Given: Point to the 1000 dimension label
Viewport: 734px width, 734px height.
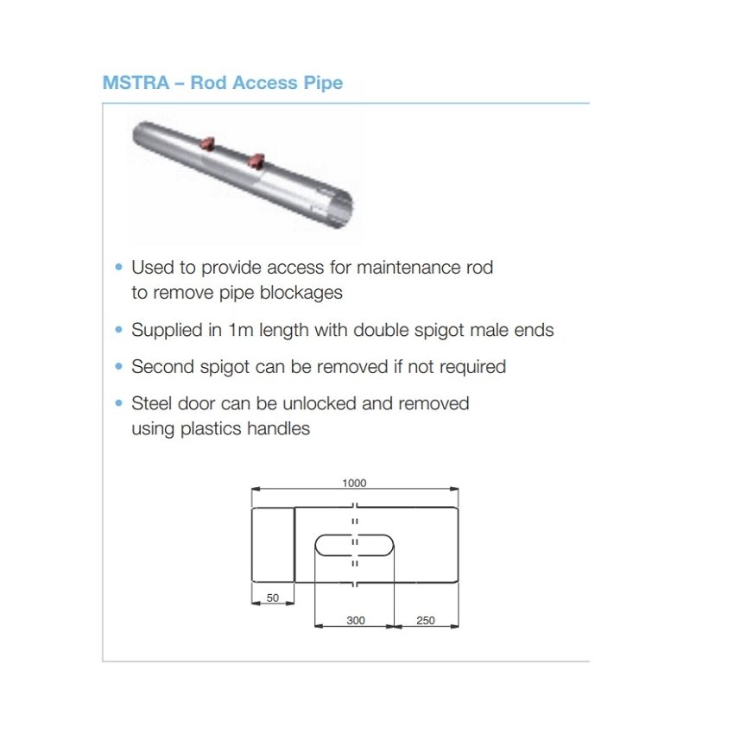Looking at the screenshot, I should tap(354, 483).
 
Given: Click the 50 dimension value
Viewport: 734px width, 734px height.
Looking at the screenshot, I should tap(272, 597).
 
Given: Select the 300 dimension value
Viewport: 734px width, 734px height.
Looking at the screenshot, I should tap(355, 620).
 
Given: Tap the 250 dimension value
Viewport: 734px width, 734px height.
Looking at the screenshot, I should tap(426, 620).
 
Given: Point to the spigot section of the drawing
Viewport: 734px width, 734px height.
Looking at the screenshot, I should tap(273, 545).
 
